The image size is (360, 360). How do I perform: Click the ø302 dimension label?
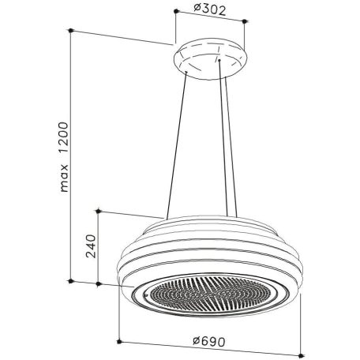[x=210, y=9]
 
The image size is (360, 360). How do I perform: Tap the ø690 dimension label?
[x=209, y=341]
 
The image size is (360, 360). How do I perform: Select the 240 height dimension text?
[x=91, y=246]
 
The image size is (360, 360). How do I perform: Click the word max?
[x=64, y=178]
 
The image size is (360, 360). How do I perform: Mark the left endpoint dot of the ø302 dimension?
[x=176, y=11]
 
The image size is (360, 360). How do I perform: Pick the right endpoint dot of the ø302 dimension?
[x=245, y=21]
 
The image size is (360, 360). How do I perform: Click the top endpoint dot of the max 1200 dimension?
[x=70, y=31]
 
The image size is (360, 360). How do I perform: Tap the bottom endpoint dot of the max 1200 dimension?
[x=70, y=281]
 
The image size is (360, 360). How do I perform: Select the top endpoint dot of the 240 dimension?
[x=98, y=211]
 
